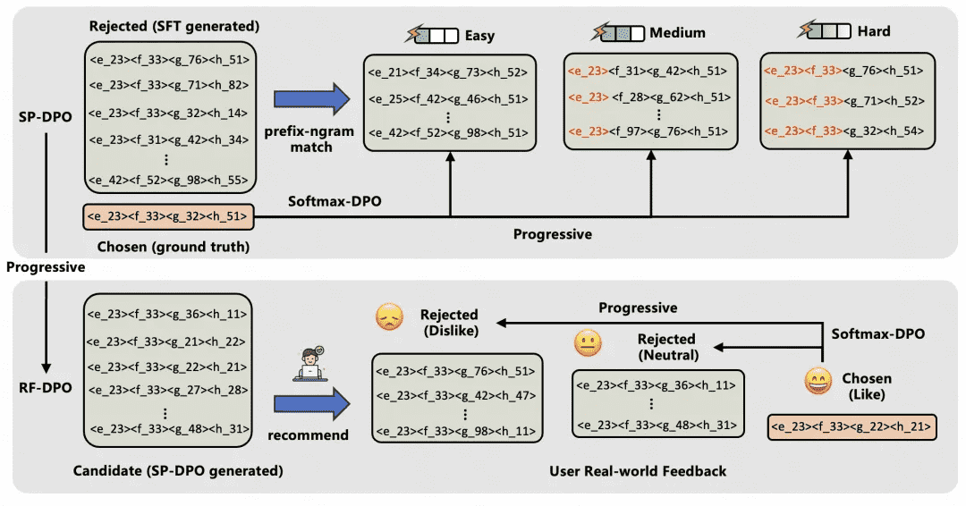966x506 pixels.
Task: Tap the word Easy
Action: [479, 36]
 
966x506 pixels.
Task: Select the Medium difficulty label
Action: [677, 33]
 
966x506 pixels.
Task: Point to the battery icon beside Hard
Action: [824, 31]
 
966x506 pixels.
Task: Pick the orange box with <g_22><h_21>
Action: [852, 428]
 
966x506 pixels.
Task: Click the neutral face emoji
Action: [588, 343]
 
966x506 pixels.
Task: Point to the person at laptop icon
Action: [312, 362]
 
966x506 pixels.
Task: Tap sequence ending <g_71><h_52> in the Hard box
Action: [842, 100]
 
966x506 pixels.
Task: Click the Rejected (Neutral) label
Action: [666, 346]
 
